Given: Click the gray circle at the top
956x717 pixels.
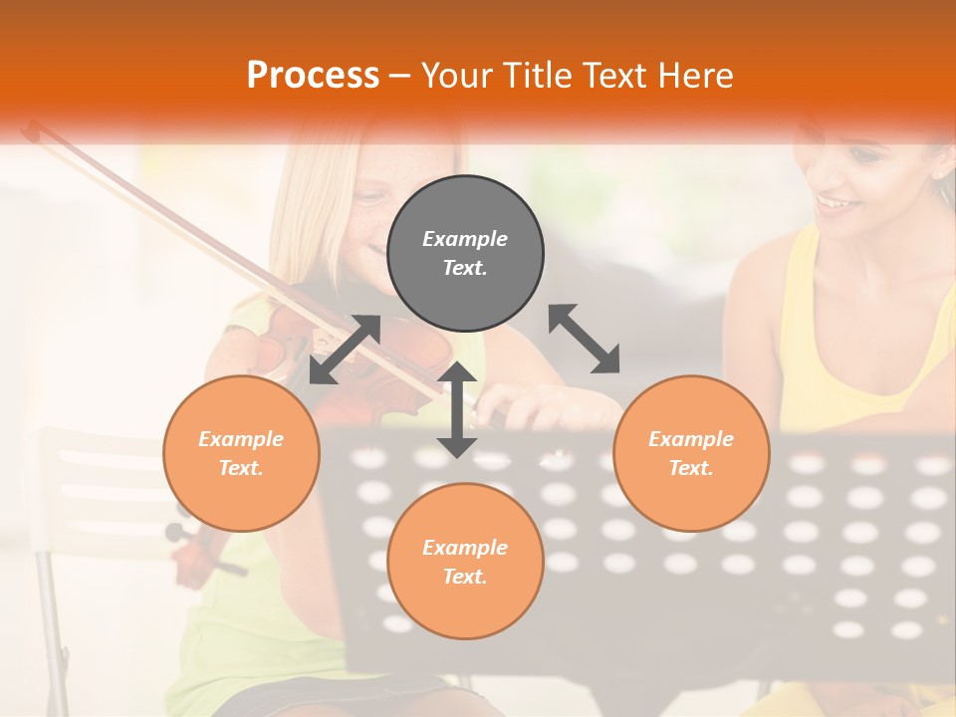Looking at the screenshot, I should (465, 254).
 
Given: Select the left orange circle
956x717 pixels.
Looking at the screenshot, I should (241, 453).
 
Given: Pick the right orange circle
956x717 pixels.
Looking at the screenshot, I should (690, 453).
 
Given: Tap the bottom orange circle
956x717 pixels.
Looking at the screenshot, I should (465, 561).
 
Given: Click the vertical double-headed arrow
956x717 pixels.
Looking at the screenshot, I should (457, 409).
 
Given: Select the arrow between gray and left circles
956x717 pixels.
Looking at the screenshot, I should (345, 349).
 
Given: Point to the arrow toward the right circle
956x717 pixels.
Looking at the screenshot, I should (585, 339).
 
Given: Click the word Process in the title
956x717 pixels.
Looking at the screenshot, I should (313, 75).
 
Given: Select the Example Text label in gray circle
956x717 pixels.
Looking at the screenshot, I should (465, 253).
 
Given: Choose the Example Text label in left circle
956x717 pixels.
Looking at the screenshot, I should (241, 453).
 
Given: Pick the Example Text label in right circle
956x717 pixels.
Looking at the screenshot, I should (690, 453).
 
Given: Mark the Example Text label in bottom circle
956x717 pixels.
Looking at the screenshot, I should (465, 562).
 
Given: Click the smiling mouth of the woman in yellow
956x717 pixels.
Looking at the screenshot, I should (835, 205).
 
